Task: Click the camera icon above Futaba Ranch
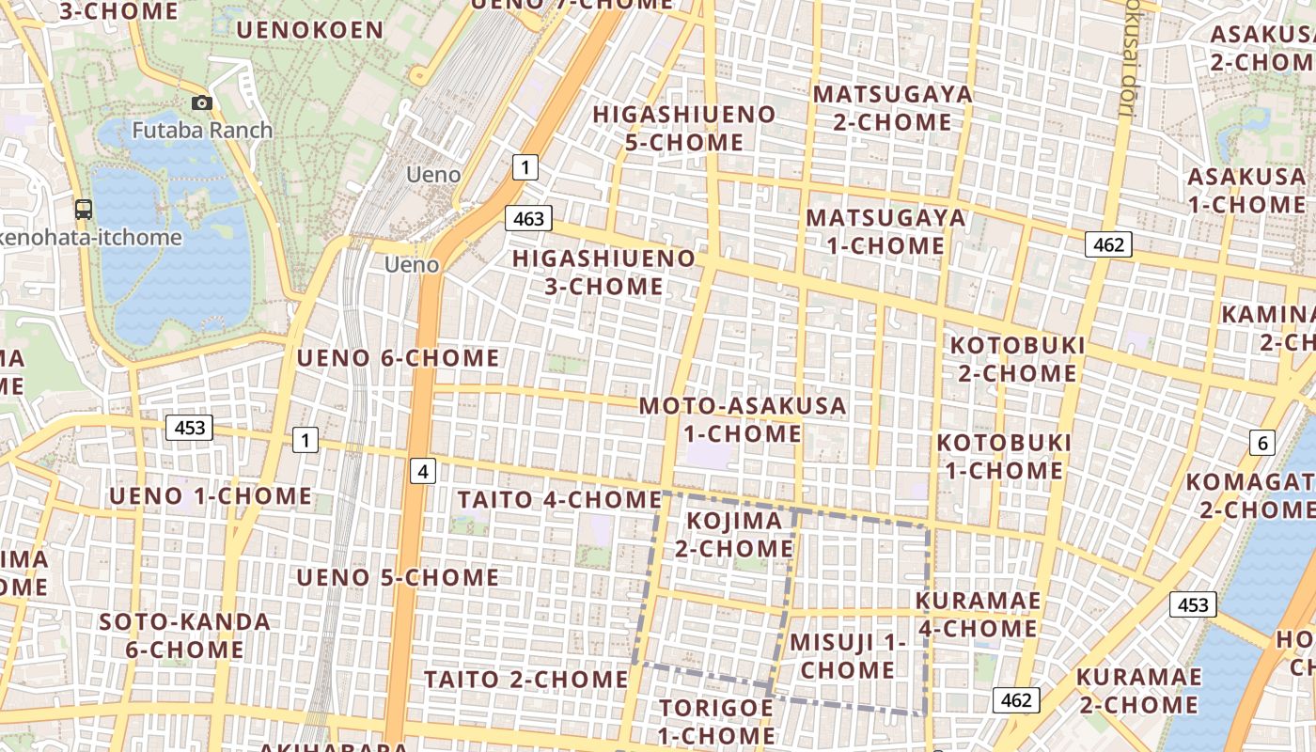(201, 103)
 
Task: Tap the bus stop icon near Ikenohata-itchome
(84, 210)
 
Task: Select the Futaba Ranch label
(202, 130)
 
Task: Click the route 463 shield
(529, 218)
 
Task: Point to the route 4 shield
(423, 471)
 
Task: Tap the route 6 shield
(1262, 444)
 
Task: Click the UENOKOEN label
(309, 30)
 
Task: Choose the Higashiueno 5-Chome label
(684, 129)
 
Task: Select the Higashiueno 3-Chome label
(604, 272)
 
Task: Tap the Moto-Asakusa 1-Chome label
(743, 420)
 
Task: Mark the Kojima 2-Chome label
(734, 534)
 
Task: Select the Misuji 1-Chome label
(848, 656)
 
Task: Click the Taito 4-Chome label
(559, 500)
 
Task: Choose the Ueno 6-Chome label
(399, 358)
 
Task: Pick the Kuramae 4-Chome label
(978, 615)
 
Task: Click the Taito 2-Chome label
(525, 679)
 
